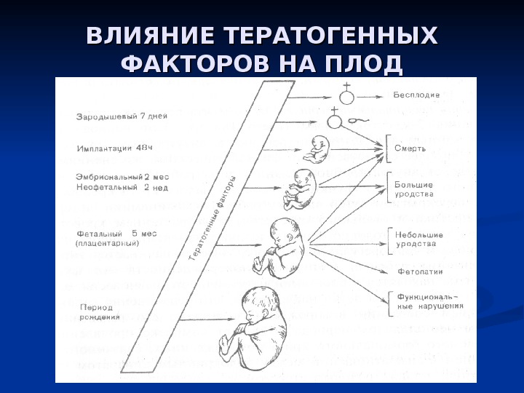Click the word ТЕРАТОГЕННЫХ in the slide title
331,36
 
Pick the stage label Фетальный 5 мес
116,234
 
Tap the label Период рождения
97,312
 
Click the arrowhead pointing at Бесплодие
384,96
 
